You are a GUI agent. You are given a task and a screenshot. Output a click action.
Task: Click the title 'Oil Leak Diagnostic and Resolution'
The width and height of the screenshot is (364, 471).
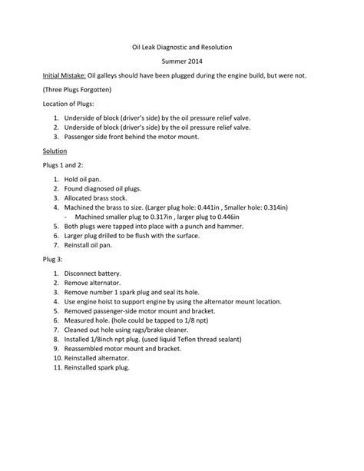181,47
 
